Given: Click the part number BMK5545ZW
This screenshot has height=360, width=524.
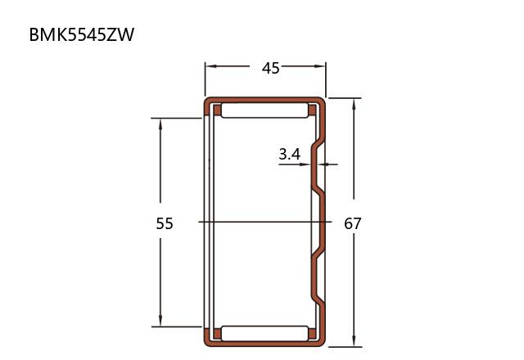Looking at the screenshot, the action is pyautogui.click(x=82, y=34).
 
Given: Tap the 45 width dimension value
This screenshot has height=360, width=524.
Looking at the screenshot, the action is pyautogui.click(x=270, y=69).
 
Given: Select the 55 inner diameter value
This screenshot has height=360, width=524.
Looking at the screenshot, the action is pyautogui.click(x=165, y=223).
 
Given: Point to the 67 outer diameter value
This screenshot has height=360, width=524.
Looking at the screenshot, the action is pyautogui.click(x=353, y=223).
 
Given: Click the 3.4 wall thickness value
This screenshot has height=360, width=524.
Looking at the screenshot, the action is pyautogui.click(x=290, y=155).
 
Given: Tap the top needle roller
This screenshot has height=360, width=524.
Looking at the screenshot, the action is pyautogui.click(x=264, y=110).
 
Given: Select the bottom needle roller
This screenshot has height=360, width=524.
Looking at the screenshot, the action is pyautogui.click(x=264, y=333).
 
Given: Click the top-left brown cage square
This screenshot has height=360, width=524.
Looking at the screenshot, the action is pyautogui.click(x=217, y=110).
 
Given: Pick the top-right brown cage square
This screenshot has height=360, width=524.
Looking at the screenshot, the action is pyautogui.click(x=312, y=110).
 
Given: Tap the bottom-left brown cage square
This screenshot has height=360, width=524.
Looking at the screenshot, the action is pyautogui.click(x=217, y=334).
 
